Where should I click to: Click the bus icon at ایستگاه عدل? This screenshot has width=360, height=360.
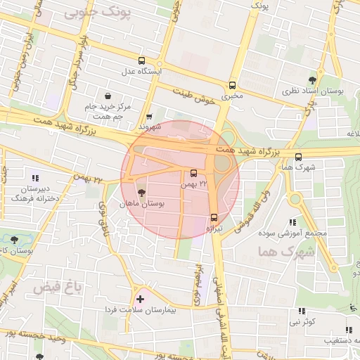click(x=143, y=60)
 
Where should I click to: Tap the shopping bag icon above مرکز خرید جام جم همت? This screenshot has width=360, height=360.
click(x=108, y=95)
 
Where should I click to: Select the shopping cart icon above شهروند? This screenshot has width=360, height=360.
click(x=149, y=117)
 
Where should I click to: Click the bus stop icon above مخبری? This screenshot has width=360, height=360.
click(x=232, y=82)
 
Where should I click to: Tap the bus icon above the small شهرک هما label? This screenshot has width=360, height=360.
click(x=299, y=157)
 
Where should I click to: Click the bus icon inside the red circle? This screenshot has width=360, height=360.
click(x=194, y=173)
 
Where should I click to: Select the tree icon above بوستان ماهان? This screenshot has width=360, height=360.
click(x=142, y=192)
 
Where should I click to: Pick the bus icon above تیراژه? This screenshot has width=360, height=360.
click(x=214, y=217)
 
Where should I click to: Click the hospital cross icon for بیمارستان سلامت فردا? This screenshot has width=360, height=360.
click(x=139, y=300)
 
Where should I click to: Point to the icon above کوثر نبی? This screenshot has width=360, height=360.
click(x=302, y=311)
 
